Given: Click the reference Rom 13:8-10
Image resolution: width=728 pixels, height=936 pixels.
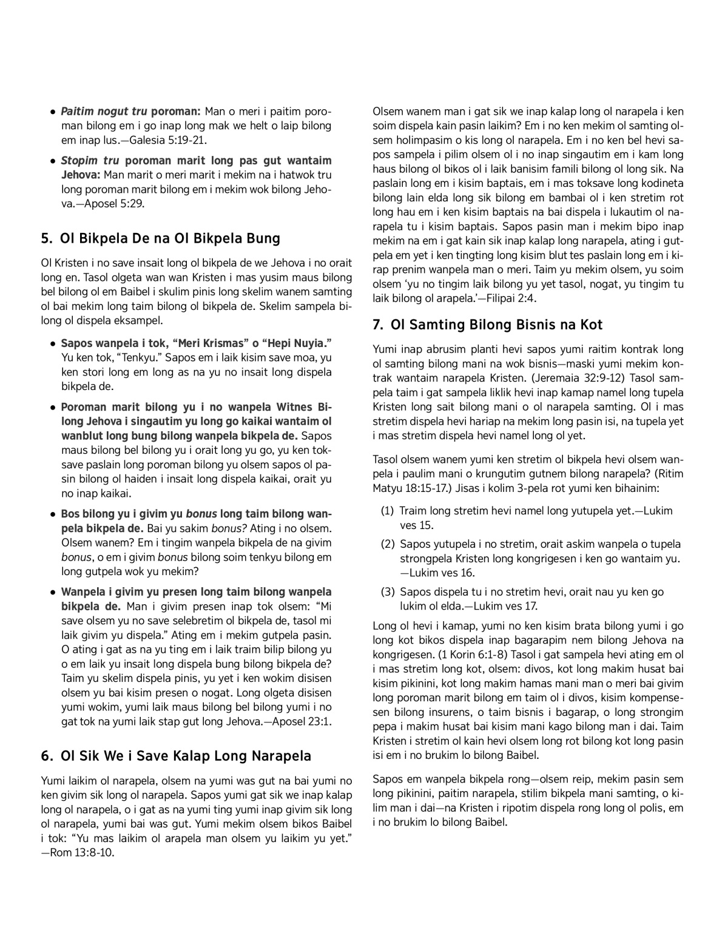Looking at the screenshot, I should click(81, 852).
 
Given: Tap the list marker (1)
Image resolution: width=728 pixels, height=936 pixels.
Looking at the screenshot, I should click(388, 511).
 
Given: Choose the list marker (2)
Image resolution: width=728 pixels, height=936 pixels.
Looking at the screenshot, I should click(388, 544).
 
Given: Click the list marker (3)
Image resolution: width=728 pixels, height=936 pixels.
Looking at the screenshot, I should click(388, 591).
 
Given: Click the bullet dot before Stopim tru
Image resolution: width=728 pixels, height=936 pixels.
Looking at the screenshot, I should click(54, 161).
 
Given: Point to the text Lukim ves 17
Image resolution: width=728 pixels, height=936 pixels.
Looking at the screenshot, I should click(504, 605).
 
